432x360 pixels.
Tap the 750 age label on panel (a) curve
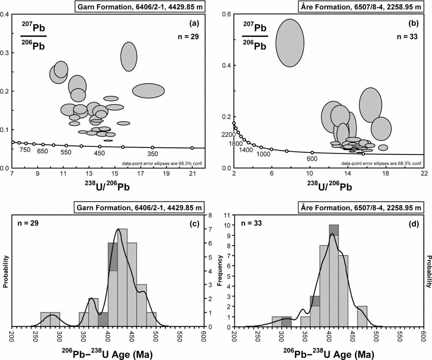[x=25, y=150]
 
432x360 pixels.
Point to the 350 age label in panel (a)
[x=152, y=154]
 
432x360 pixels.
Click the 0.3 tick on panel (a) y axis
[x=6, y=53]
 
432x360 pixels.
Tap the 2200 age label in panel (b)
[x=228, y=135]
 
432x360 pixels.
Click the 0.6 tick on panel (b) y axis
[x=227, y=14]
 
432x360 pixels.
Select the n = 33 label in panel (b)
[x=407, y=36]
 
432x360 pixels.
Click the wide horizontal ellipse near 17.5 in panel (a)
[x=148, y=91]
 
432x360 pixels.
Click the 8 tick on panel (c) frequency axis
[x=209, y=215]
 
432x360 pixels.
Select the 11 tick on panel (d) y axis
[x=226, y=215]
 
